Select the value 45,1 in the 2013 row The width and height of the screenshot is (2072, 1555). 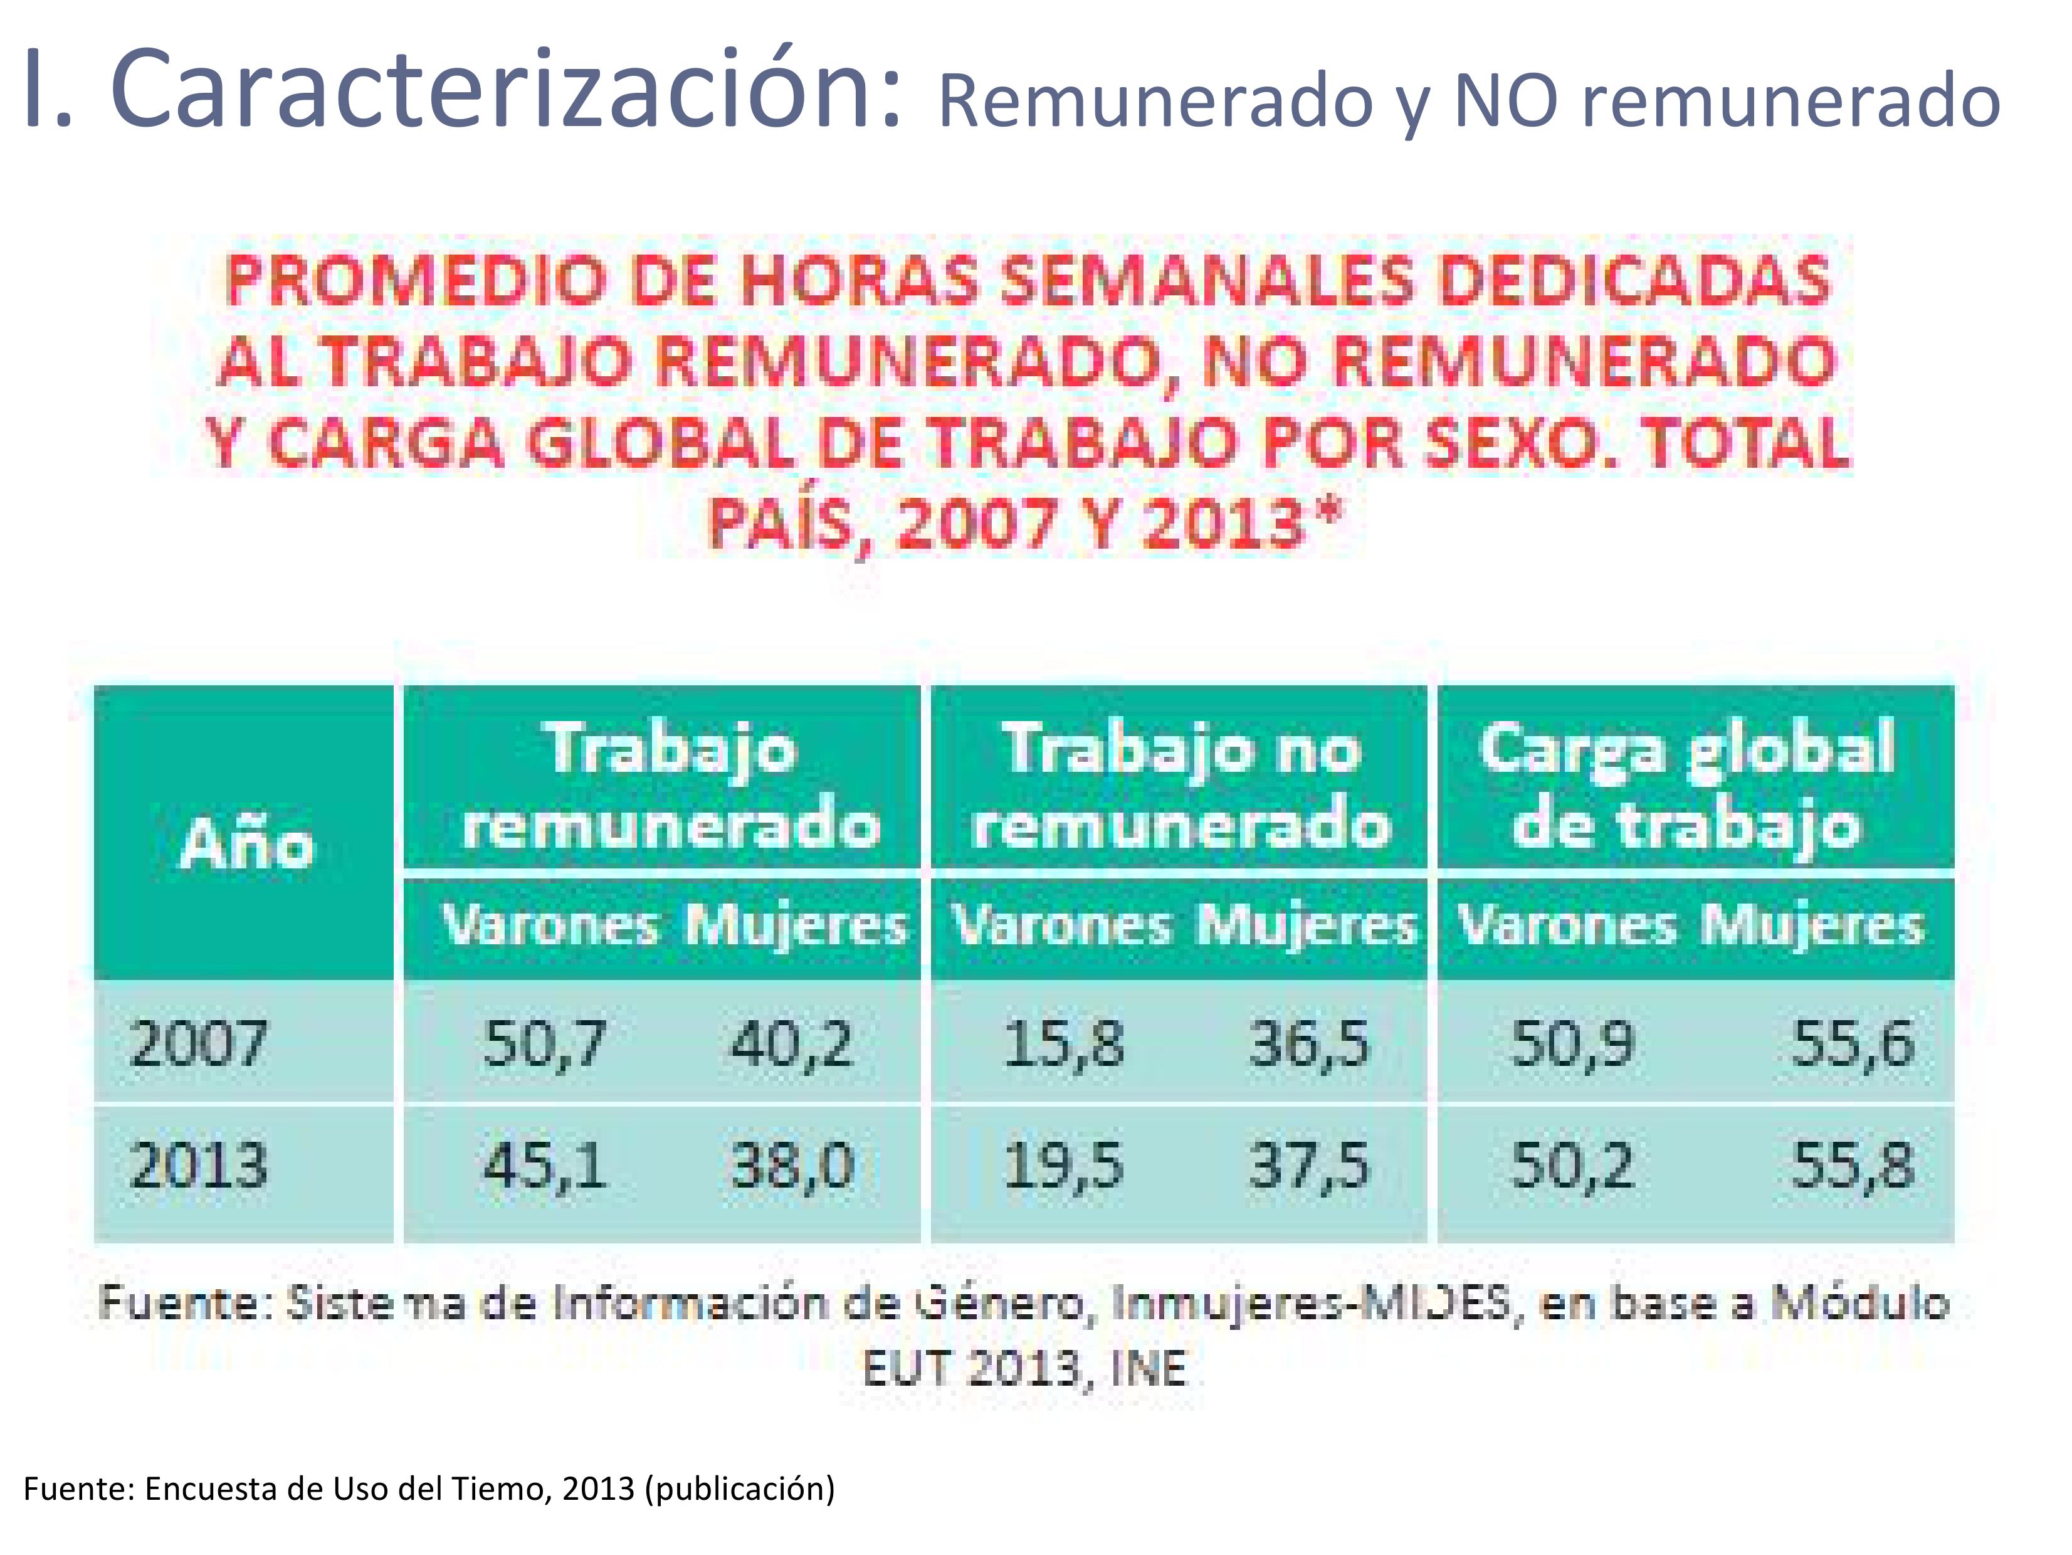point(545,1166)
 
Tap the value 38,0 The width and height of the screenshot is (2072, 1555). point(792,1166)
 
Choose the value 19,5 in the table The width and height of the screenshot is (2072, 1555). point(1063,1166)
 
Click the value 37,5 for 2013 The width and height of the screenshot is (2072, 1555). point(1308,1166)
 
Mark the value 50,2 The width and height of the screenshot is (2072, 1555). point(1573,1166)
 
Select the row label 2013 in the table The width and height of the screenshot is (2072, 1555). point(199,1166)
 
